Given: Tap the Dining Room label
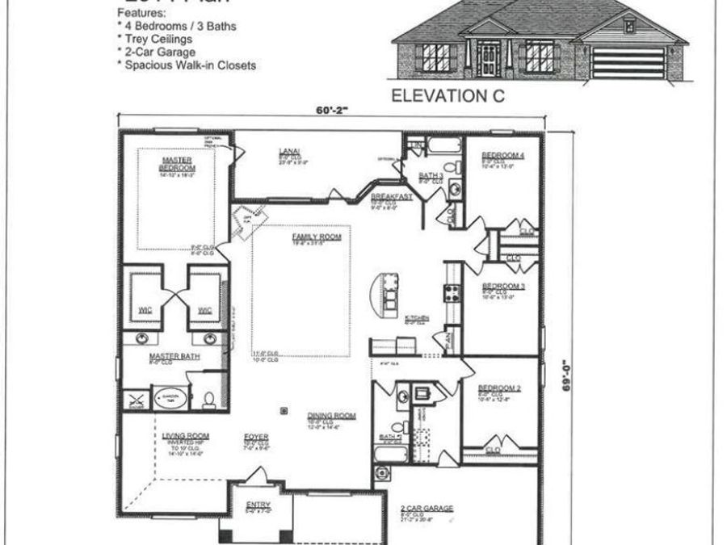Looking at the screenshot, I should point(331,416).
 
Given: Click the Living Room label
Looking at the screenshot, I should point(186,436).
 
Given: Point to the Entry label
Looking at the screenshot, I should point(252,506).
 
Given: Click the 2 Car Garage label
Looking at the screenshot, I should point(427,508).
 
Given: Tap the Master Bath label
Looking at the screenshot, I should point(168,355).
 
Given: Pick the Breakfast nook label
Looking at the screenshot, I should point(392,196).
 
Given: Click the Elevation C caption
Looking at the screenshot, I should point(448,95).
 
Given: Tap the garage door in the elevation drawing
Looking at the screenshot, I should point(628,61).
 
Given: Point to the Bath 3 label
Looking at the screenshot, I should point(431,175).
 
